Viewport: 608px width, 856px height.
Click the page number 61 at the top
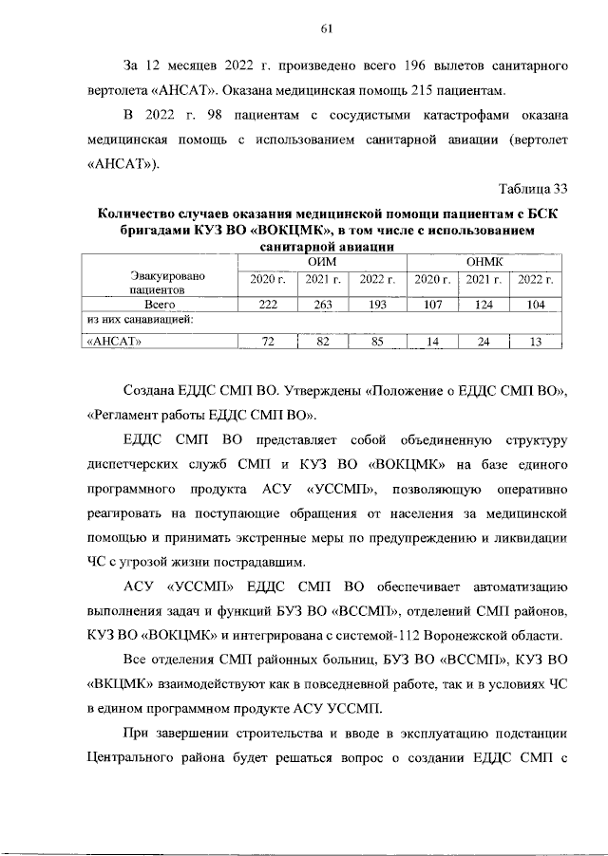pos(325,29)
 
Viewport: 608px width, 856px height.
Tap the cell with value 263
pos(323,306)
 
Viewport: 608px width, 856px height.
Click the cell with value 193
pos(377,306)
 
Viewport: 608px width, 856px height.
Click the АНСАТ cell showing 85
pos(377,343)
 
